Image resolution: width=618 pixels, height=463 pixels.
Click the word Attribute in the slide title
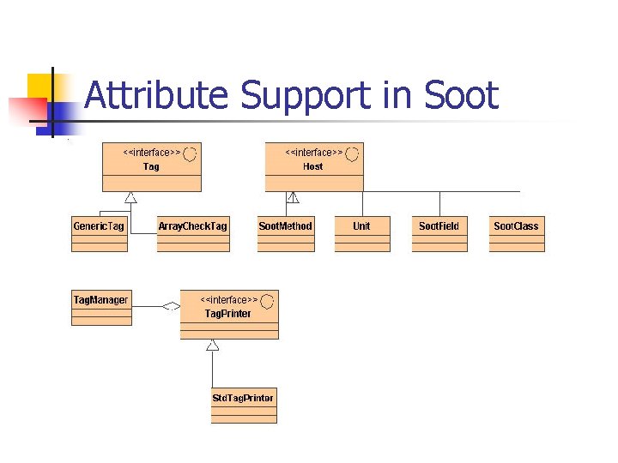point(156,95)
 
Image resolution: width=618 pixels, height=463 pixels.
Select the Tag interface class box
point(152,166)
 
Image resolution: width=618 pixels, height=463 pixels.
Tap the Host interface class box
point(312,166)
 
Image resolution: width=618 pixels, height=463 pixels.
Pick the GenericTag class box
point(99,233)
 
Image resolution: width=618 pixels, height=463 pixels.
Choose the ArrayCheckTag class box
point(193,233)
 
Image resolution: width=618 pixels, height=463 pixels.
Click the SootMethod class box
point(285,233)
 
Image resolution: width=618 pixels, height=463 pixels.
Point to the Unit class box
point(361,233)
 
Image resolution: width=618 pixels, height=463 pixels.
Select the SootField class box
point(439,233)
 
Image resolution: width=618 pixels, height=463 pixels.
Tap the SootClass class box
point(516,233)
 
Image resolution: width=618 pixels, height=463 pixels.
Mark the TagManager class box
point(101,307)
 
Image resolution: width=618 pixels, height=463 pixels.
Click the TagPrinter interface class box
point(228,315)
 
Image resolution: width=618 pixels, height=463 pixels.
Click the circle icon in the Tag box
point(191,153)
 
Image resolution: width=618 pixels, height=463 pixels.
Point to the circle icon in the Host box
point(352,153)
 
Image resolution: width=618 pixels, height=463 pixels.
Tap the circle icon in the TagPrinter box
point(267,301)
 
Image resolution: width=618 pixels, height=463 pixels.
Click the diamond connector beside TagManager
point(172,305)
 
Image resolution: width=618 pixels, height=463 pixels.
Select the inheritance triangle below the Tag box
point(130,197)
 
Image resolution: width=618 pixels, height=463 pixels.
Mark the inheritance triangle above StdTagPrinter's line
point(213,345)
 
